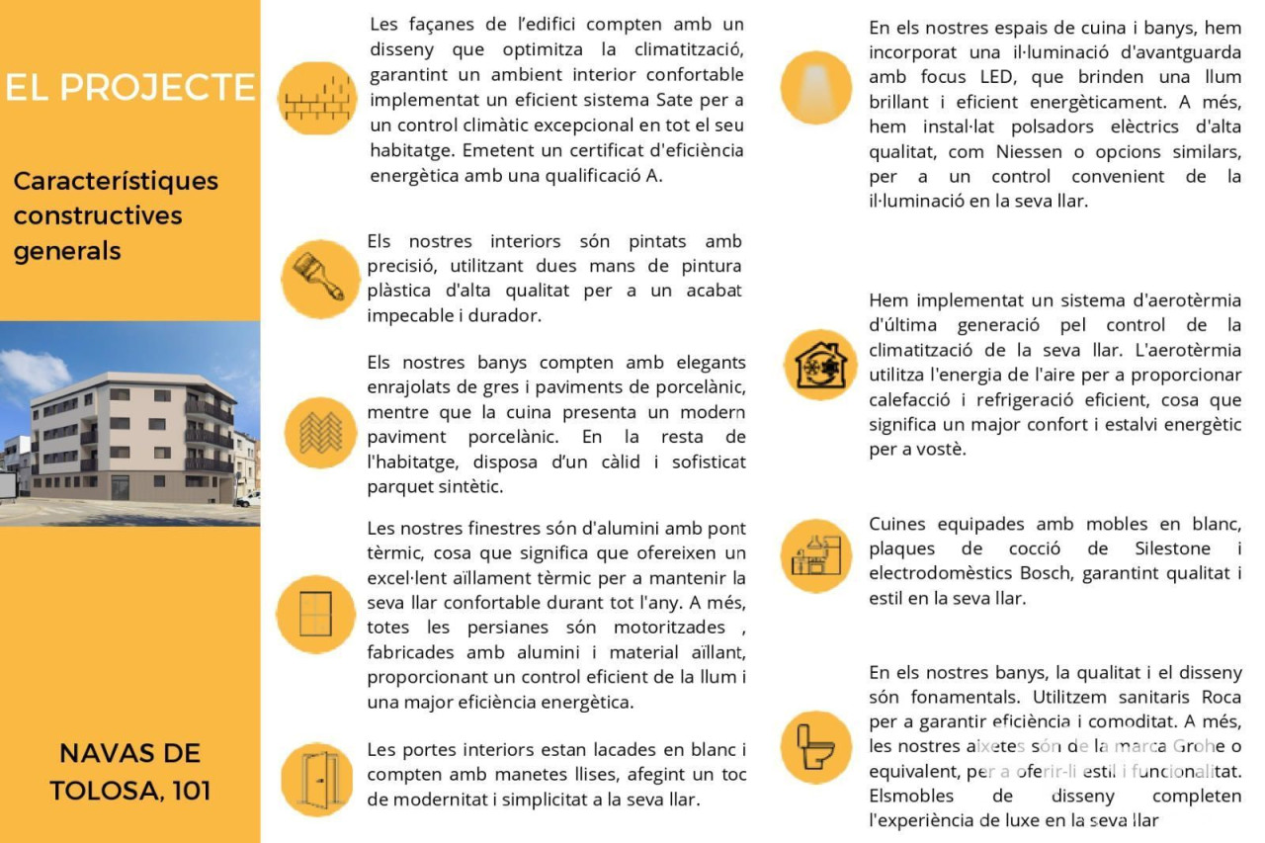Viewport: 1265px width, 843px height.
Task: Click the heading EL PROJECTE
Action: (x=129, y=87)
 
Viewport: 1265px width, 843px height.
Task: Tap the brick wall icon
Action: (x=316, y=98)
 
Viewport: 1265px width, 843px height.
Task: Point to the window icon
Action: (x=315, y=614)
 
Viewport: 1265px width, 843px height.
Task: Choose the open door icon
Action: (x=317, y=779)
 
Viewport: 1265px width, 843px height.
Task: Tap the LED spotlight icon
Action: (x=815, y=87)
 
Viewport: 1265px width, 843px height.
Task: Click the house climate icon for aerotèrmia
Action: (x=820, y=365)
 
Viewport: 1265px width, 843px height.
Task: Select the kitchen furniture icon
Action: (x=816, y=556)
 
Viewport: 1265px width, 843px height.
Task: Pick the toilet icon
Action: (x=816, y=747)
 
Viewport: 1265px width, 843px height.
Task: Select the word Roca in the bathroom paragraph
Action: (x=1222, y=697)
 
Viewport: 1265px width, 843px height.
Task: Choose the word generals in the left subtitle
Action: (x=67, y=251)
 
